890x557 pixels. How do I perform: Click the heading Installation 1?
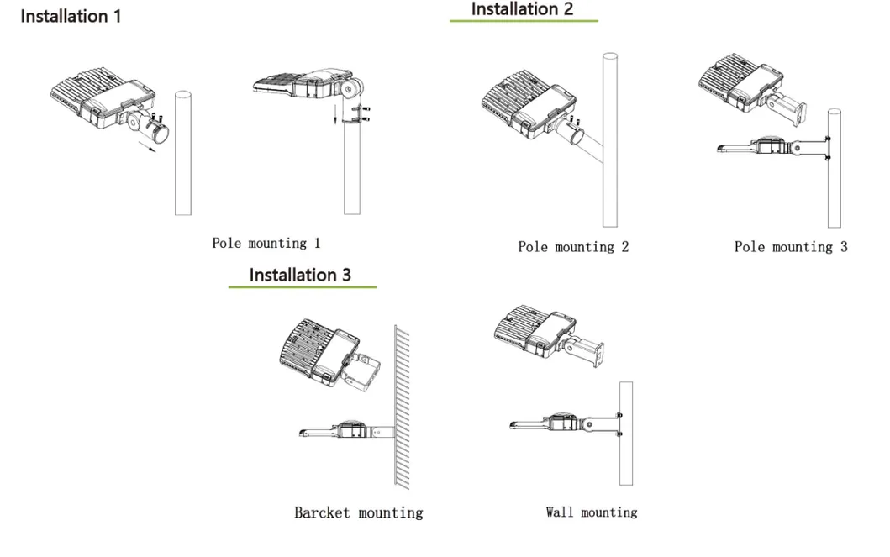(x=71, y=16)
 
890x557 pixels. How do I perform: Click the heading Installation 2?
(x=522, y=9)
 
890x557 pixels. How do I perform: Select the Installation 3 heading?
(x=300, y=275)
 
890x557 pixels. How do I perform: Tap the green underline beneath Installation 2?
(x=523, y=20)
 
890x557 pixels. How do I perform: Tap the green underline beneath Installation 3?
(x=302, y=287)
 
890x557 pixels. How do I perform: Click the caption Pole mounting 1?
(x=266, y=244)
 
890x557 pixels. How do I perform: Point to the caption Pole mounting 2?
(x=572, y=247)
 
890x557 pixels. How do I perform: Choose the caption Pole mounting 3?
(x=790, y=247)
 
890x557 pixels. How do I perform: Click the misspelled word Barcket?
(x=322, y=512)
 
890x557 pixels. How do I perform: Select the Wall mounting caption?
(x=591, y=512)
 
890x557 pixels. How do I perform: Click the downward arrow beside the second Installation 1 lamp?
(x=335, y=113)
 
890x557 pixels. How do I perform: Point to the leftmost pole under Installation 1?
(x=182, y=151)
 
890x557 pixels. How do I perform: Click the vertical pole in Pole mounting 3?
(x=834, y=168)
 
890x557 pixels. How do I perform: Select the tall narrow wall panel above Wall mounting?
(x=625, y=433)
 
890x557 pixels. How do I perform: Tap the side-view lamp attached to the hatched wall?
(x=345, y=431)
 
